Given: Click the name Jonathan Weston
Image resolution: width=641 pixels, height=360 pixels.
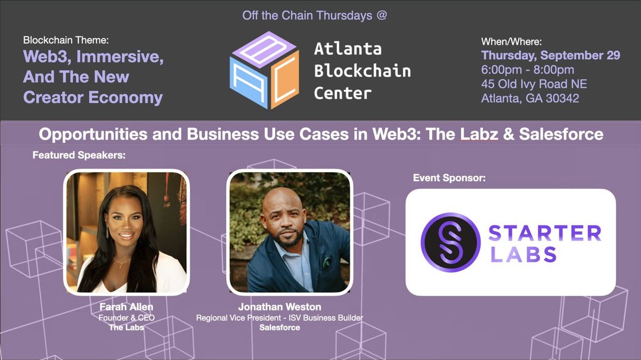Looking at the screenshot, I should click(280, 307).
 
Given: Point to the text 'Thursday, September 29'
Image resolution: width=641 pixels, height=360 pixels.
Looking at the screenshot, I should click(551, 56).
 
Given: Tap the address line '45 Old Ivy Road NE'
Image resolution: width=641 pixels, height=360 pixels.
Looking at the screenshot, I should click(534, 84).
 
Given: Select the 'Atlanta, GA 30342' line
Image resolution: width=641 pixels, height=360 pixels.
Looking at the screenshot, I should click(530, 98).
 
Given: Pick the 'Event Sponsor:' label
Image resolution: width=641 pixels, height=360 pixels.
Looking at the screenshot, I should click(449, 178).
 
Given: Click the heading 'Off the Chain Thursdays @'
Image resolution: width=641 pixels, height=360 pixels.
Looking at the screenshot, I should click(314, 15).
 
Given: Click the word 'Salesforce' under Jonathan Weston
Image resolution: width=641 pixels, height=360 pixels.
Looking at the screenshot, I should click(279, 327).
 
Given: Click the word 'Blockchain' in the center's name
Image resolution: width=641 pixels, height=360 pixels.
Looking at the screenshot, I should click(362, 71).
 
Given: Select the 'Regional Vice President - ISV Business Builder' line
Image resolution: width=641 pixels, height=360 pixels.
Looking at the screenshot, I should click(280, 318).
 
